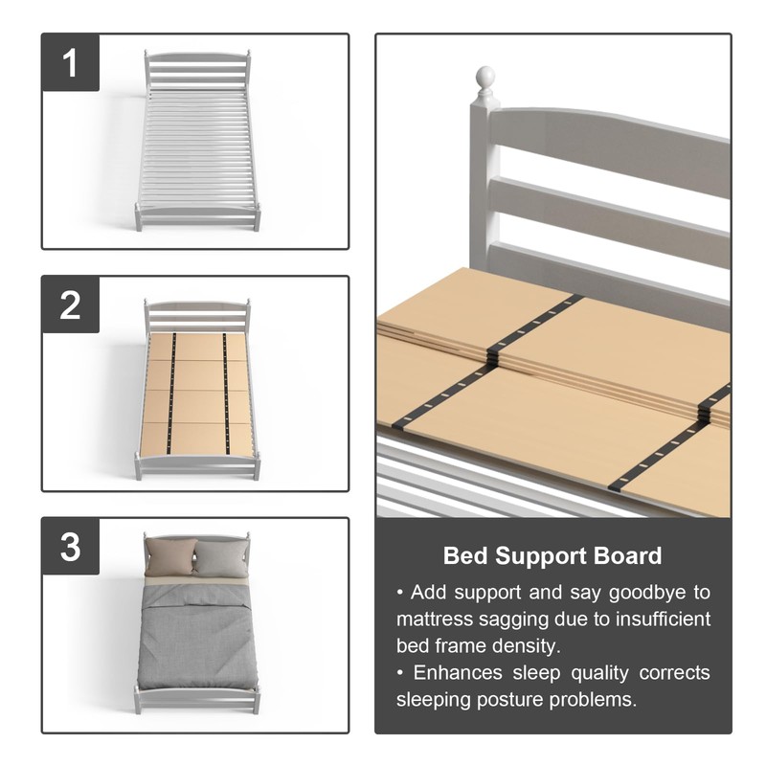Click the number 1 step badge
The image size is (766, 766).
(70, 63)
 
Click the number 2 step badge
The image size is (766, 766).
(70, 304)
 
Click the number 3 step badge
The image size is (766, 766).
(70, 547)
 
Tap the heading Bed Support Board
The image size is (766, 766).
(552, 555)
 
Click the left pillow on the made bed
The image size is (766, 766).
(170, 557)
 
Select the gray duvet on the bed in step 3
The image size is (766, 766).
(196, 637)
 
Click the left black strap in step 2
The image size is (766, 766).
(172, 393)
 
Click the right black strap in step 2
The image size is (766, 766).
(226, 393)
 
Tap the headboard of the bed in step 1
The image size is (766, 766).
(196, 69)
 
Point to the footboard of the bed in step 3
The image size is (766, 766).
(197, 699)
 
